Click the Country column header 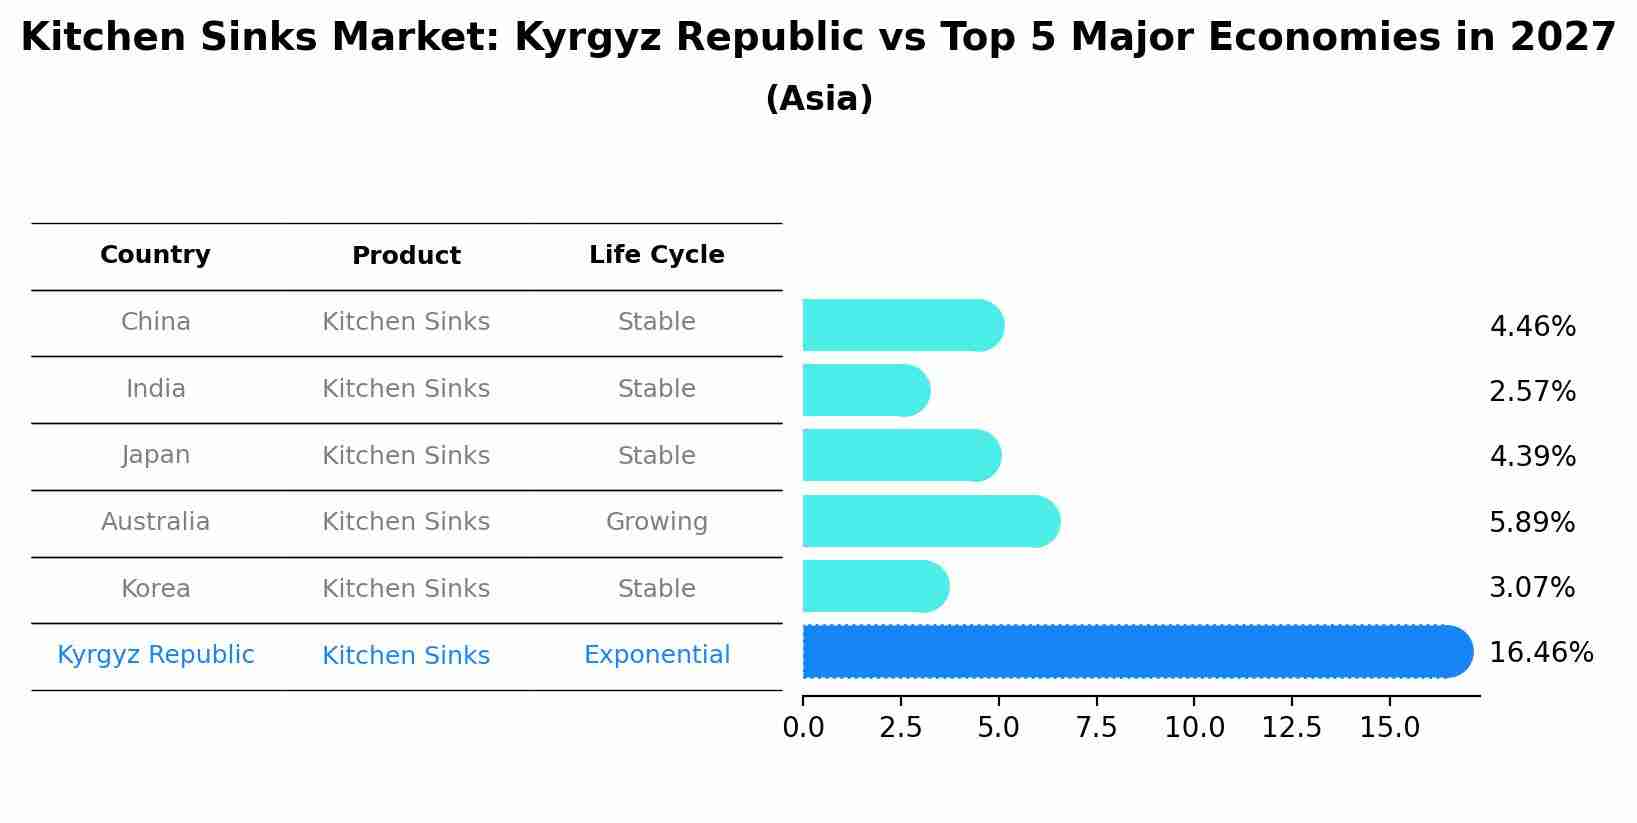[x=155, y=255]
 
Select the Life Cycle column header [x=656, y=255]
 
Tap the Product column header [x=406, y=256]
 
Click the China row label [x=155, y=322]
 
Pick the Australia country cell [x=155, y=522]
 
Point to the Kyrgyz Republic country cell [x=155, y=655]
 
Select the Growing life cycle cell [x=656, y=522]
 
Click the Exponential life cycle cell [x=656, y=655]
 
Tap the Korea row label [x=155, y=589]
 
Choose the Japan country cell [x=155, y=455]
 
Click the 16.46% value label [x=1540, y=653]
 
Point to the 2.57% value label [x=1532, y=392]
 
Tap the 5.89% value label [x=1532, y=523]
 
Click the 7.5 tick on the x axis [x=1096, y=728]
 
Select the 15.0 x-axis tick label [x=1389, y=728]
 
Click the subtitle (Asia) [x=818, y=99]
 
